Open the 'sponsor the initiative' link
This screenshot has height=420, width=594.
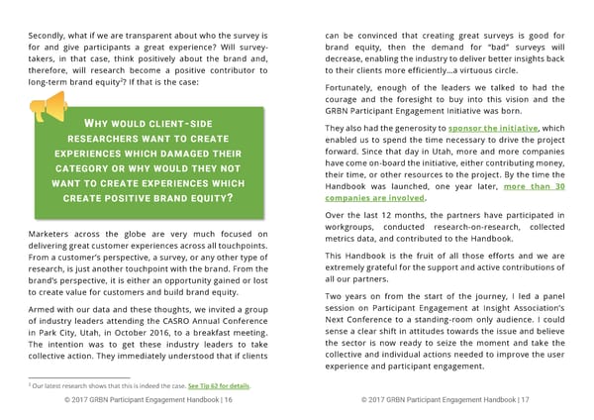click(x=493, y=130)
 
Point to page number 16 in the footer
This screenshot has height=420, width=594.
click(x=228, y=401)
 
